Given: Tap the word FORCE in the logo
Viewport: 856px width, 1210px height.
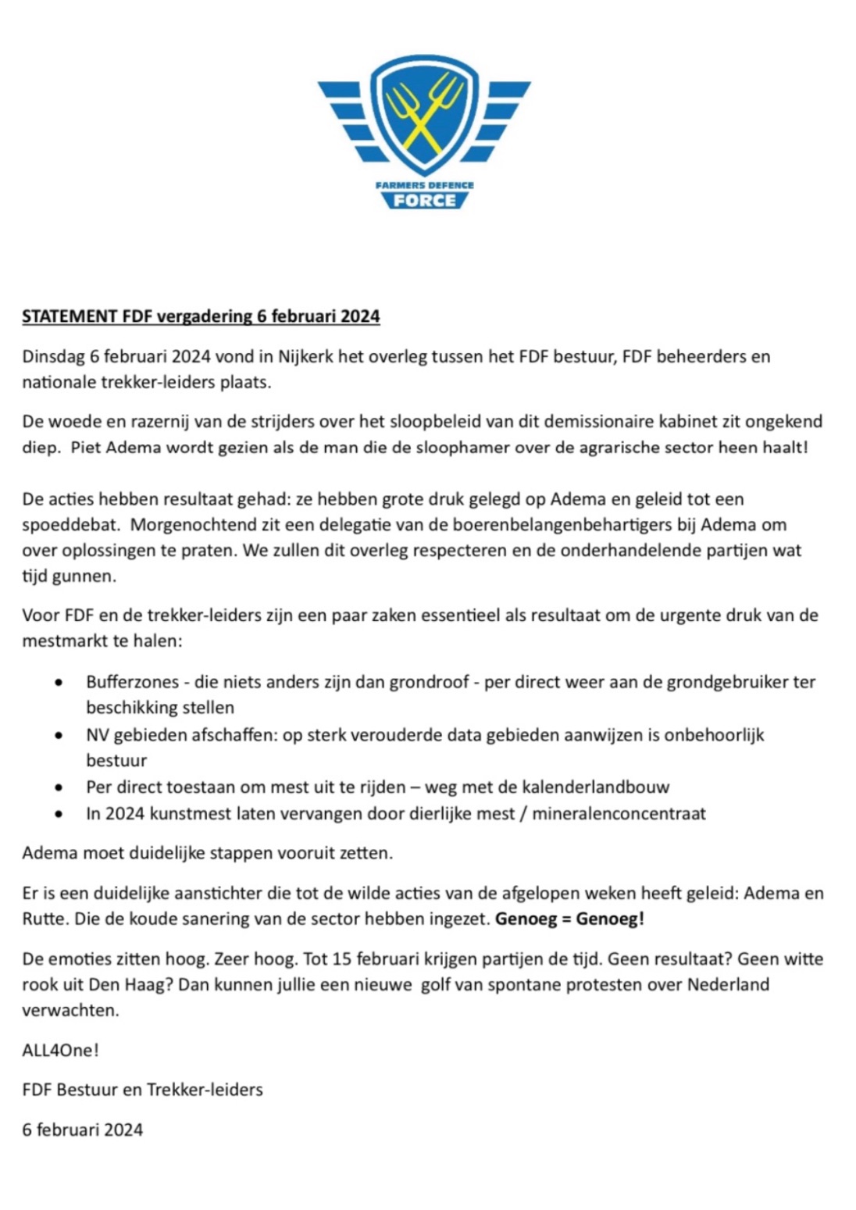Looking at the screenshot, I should (x=424, y=201).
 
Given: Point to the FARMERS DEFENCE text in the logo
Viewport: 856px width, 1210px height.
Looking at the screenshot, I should (x=424, y=185).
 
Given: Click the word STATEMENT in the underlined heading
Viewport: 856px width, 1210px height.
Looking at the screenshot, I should (x=70, y=316).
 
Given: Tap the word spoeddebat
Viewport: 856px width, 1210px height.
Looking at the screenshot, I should (x=65, y=525).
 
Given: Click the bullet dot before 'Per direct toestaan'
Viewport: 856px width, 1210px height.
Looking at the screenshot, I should (x=59, y=787).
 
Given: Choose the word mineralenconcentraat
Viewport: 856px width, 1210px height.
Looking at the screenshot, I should (x=619, y=814).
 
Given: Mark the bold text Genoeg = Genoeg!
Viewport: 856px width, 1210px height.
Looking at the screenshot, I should (x=569, y=919).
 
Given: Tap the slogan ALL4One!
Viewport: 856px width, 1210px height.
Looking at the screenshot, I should (x=60, y=1051).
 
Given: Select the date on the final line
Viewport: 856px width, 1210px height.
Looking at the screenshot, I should (x=82, y=1130).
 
